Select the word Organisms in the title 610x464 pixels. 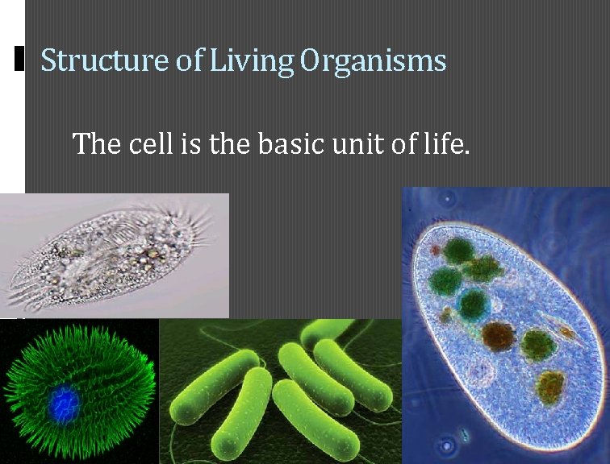(x=373, y=61)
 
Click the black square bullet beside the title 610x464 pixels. (x=20, y=58)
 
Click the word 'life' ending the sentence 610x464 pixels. (x=445, y=144)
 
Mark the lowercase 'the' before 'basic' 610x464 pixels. (x=230, y=144)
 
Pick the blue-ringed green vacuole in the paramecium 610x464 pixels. (x=472, y=303)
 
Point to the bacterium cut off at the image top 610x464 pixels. (x=327, y=329)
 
